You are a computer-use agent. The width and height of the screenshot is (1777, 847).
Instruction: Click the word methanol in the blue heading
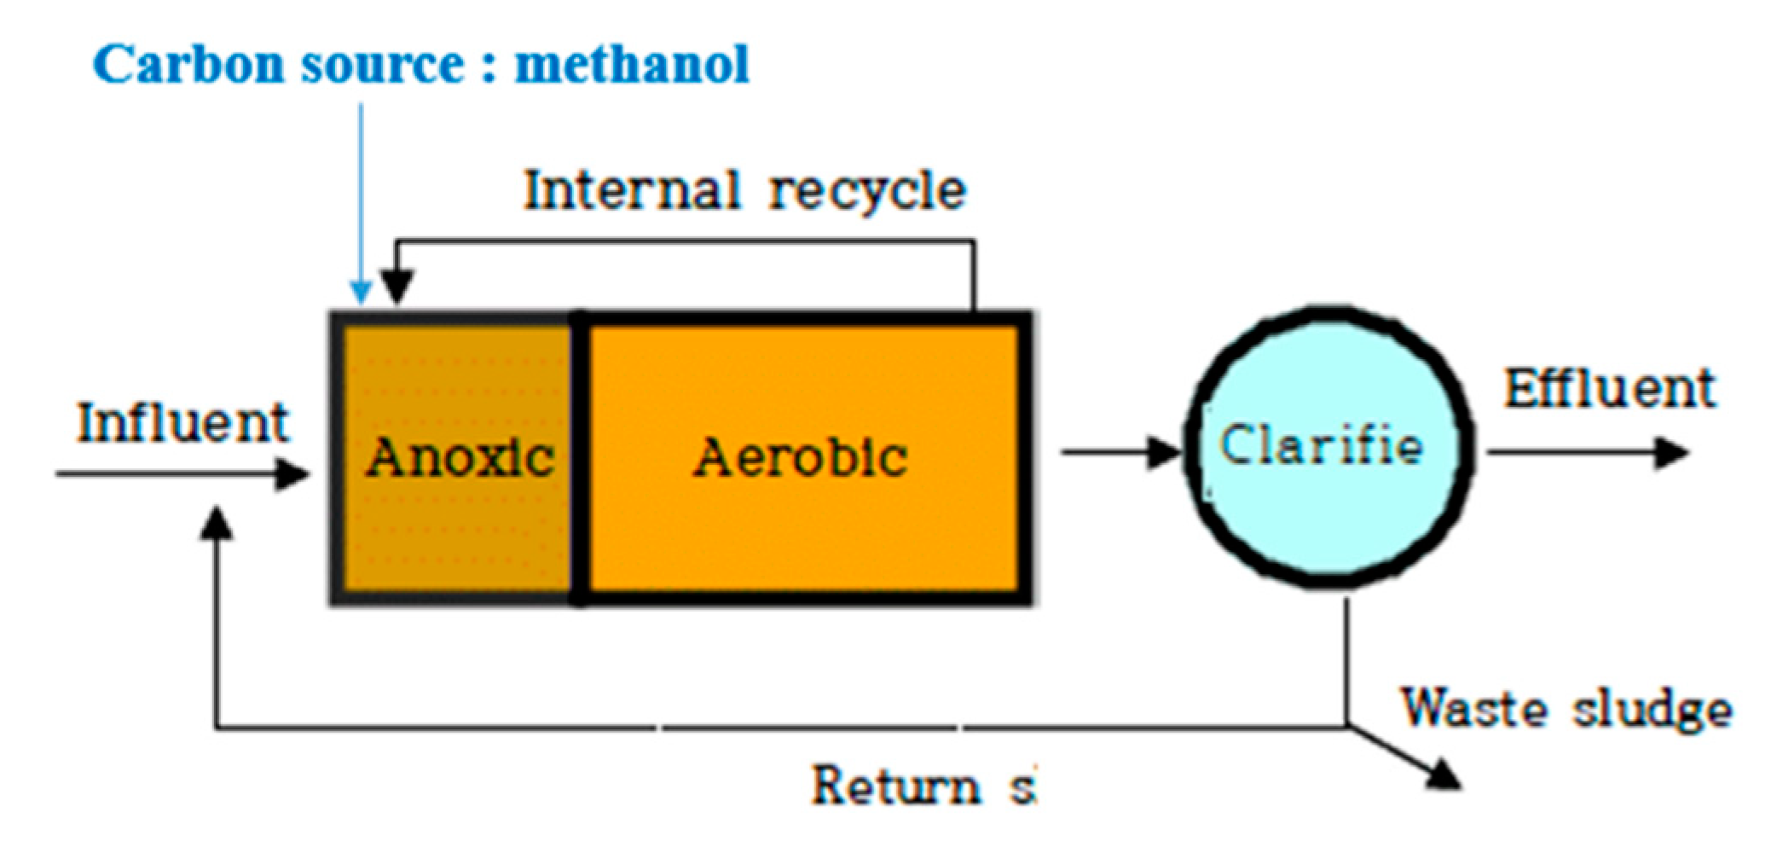pyautogui.click(x=632, y=65)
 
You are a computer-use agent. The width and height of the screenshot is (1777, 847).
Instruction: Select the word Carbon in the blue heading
pyautogui.click(x=188, y=65)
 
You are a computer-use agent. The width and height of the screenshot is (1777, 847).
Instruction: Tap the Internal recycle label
pyautogui.click(x=744, y=190)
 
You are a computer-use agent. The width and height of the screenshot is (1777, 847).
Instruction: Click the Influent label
pyautogui.click(x=183, y=423)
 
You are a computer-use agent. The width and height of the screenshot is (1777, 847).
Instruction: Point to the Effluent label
pyautogui.click(x=1609, y=390)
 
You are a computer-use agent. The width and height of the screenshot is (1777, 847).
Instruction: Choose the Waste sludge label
pyautogui.click(x=1566, y=709)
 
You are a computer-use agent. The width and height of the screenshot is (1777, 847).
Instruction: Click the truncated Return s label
pyautogui.click(x=923, y=786)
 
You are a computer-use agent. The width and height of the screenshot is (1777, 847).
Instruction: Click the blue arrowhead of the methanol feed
pyautogui.click(x=362, y=293)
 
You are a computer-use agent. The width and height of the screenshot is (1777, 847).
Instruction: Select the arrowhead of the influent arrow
pyautogui.click(x=293, y=473)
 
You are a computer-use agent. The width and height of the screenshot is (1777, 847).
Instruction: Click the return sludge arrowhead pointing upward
pyautogui.click(x=217, y=522)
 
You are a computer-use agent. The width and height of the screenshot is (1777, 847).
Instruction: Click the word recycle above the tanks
pyautogui.click(x=867, y=192)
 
